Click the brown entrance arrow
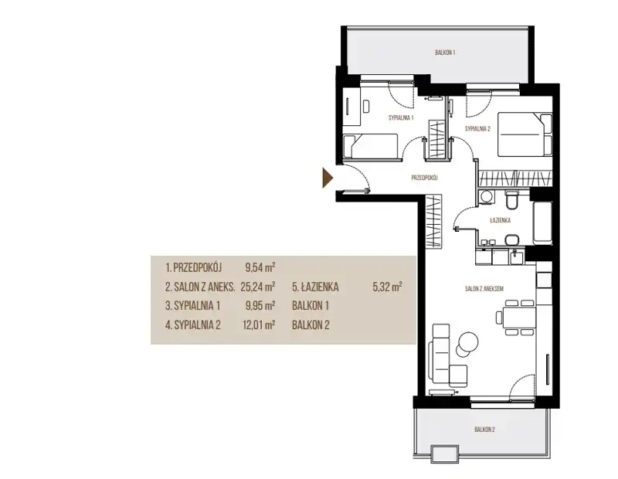[x=328, y=178]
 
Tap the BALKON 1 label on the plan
[x=446, y=53]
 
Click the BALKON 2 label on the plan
[x=484, y=430]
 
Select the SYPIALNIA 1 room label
[x=401, y=118]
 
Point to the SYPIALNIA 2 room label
[x=477, y=128]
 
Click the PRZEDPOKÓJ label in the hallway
[x=424, y=178]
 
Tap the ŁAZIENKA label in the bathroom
[x=500, y=220]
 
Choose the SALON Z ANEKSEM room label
[x=484, y=289]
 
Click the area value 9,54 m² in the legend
[x=260, y=267]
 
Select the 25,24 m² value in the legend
[x=258, y=287]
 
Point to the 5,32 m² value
[x=387, y=287]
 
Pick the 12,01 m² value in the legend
[x=259, y=324]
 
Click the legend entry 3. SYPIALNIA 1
[x=192, y=305]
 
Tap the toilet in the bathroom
[x=512, y=200]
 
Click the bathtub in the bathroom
[x=542, y=223]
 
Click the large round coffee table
[x=468, y=340]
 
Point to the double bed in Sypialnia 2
[x=525, y=134]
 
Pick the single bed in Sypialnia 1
[x=370, y=146]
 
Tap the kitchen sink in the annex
[x=517, y=257]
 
